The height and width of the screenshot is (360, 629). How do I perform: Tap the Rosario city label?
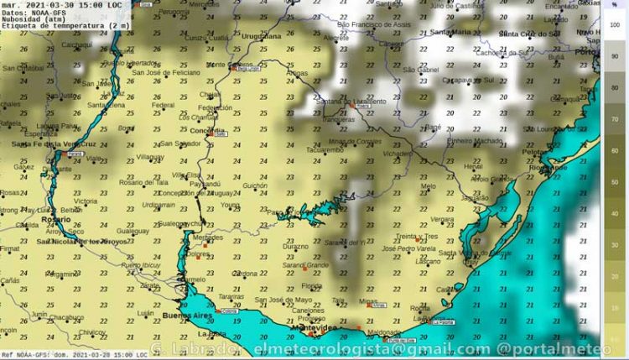[32, 219]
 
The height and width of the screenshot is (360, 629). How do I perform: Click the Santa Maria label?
[450, 32]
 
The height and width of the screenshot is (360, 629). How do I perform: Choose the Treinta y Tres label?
[417, 237]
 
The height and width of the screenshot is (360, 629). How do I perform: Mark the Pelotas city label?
[534, 153]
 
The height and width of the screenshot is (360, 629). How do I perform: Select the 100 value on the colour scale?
[614, 25]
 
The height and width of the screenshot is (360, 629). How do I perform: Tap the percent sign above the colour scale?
[614, 6]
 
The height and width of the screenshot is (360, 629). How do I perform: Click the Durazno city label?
[295, 248]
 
